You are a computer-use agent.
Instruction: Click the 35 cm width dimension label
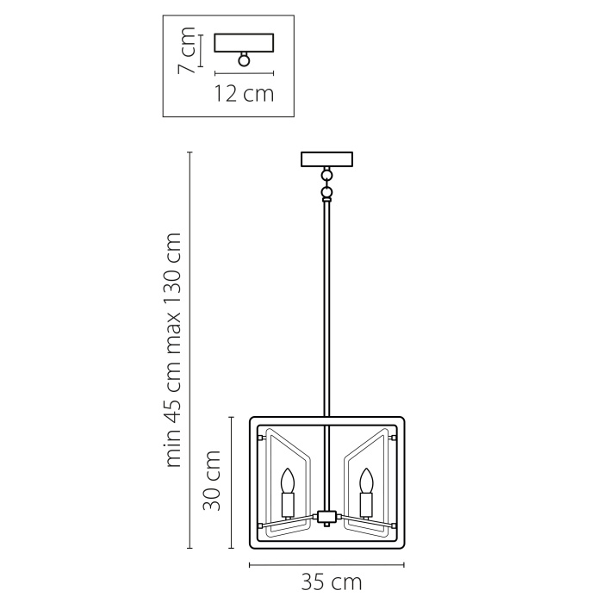tap(331, 583)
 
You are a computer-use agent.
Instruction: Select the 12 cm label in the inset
tap(244, 93)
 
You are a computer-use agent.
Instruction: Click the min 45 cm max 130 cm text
tap(175, 349)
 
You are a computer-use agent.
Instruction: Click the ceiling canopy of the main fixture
tap(326, 159)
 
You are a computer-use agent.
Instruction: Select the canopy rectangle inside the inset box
tap(244, 42)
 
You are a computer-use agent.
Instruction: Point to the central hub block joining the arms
tap(326, 517)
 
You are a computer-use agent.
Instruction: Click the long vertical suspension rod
tap(326, 310)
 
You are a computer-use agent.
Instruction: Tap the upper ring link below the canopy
tap(326, 175)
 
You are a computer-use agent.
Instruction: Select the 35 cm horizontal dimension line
tap(326, 565)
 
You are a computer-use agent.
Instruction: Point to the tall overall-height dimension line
tap(190, 349)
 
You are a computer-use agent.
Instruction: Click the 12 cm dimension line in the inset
tap(244, 72)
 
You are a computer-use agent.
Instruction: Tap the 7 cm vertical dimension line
tap(200, 50)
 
